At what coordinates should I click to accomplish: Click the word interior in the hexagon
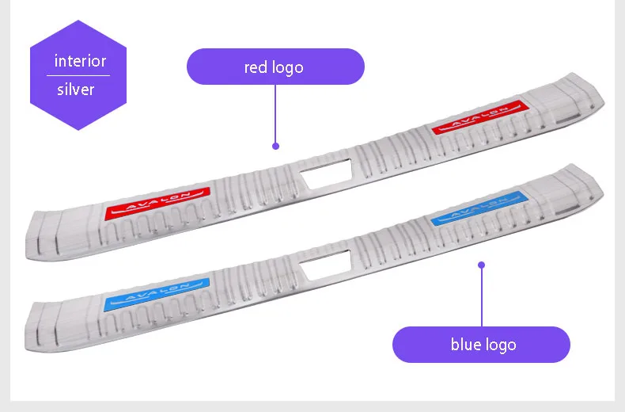(80, 61)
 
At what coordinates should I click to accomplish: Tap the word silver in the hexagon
(76, 90)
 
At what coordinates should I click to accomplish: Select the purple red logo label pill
(275, 67)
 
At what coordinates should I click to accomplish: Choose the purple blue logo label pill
(481, 345)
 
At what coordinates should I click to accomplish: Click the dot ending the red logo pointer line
(275, 146)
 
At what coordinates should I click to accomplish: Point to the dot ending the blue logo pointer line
(482, 265)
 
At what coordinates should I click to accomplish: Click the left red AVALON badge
(157, 203)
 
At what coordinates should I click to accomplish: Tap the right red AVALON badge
(480, 116)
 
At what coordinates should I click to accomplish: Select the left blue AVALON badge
(157, 294)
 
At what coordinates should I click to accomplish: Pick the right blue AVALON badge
(480, 208)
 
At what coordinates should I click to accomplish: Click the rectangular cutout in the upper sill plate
(326, 174)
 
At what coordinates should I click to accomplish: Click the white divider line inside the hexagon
(78, 75)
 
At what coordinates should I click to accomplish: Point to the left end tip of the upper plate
(26, 255)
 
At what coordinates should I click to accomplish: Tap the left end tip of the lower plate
(25, 347)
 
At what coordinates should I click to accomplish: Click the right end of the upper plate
(603, 100)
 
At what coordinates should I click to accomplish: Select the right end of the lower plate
(602, 192)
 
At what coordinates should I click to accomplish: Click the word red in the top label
(255, 67)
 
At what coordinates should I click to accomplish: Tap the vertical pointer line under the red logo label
(275, 114)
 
